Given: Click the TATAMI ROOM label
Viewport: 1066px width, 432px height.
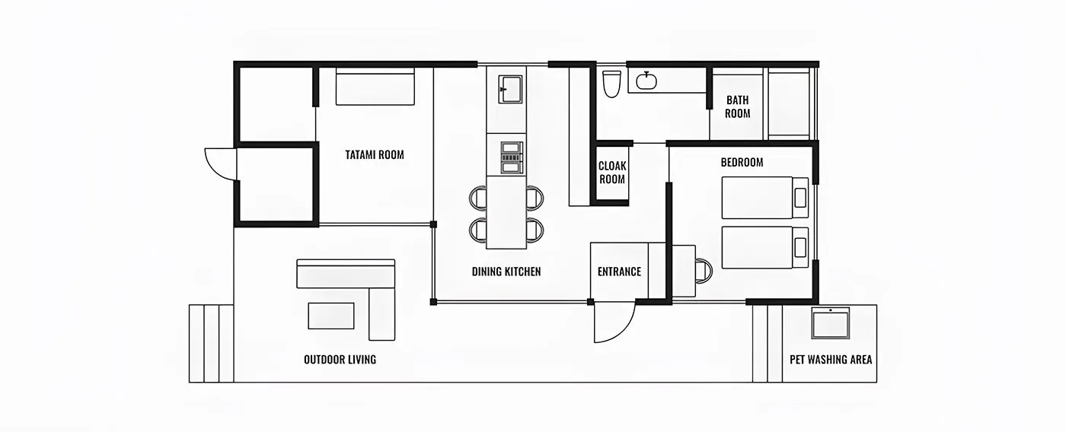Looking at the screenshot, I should tap(374, 155).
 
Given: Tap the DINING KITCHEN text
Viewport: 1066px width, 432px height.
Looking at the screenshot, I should tap(506, 272).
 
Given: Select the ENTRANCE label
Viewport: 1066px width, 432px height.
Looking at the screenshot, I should tap(618, 272).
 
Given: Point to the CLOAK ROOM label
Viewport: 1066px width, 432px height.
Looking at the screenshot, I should tap(611, 173).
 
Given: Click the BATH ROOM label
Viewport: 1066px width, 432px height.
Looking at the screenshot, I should tap(737, 106).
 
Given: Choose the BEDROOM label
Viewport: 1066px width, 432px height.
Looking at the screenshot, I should tap(742, 163).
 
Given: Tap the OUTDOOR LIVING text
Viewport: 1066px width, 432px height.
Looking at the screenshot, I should tap(340, 360).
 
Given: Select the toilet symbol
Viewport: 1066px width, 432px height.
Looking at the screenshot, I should tap(611, 84).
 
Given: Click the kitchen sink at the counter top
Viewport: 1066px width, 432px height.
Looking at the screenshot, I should tap(510, 88).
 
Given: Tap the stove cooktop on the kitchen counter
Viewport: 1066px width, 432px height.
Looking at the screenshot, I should tap(511, 155).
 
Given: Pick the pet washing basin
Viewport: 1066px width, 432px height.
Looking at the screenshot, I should tap(830, 323).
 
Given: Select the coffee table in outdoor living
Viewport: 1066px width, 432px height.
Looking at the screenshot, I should tap(330, 316).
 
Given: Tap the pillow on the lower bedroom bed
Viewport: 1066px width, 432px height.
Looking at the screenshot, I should tap(800, 247).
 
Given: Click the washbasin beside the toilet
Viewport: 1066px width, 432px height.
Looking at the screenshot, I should tap(647, 80).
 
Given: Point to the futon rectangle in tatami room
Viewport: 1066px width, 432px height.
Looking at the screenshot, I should tap(375, 87).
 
